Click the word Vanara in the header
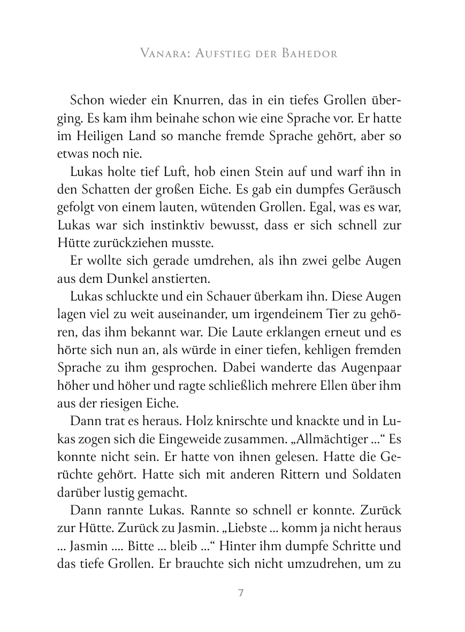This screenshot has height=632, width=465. (x=162, y=54)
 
